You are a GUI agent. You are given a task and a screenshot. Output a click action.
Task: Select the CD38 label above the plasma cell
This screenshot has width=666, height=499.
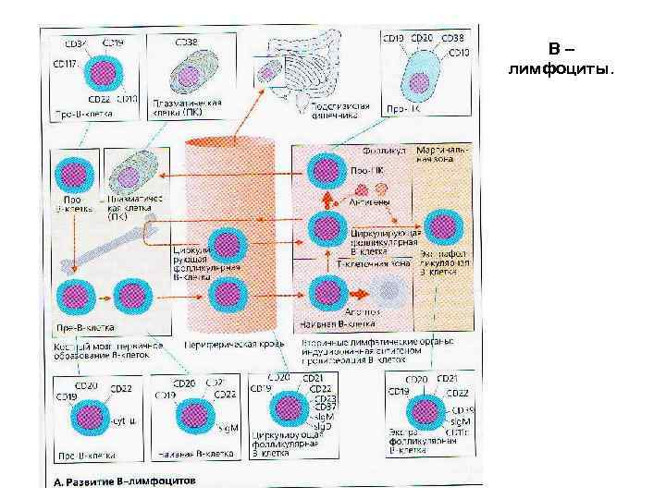tap(186, 43)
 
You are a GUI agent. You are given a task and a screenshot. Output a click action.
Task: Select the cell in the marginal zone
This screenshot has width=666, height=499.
tap(438, 223)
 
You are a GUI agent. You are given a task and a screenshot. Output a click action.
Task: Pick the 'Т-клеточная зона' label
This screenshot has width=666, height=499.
tap(379, 262)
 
